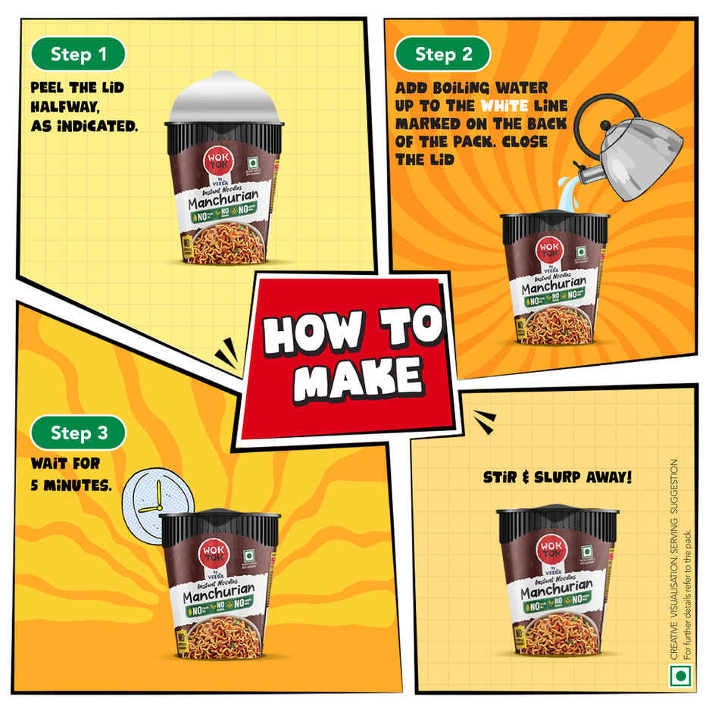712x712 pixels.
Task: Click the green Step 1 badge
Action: (78, 54)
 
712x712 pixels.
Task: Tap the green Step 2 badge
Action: (443, 54)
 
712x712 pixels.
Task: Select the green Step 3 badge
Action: (78, 433)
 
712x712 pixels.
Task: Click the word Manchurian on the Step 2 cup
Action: (554, 286)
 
